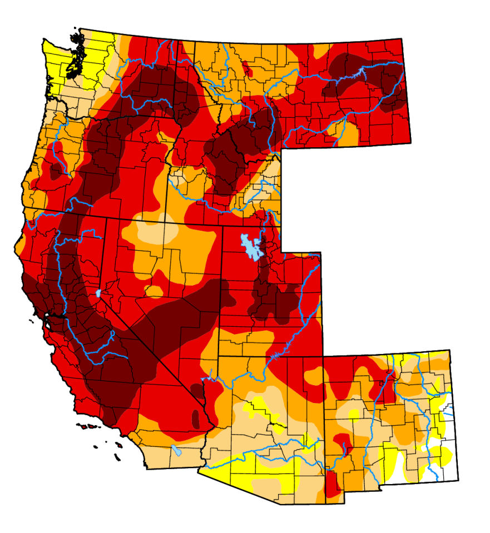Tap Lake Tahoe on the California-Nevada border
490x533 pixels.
click(x=98, y=293)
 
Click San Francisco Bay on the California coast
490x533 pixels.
click(x=47, y=322)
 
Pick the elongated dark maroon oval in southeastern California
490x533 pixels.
click(x=195, y=418)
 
